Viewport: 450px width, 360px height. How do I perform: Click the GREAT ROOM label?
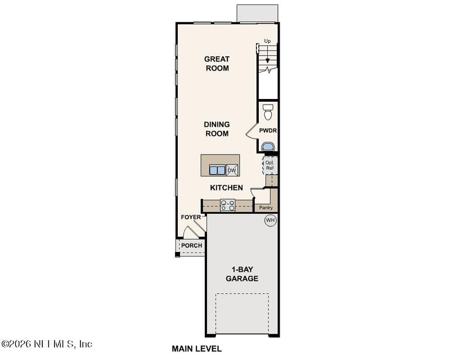point(217,64)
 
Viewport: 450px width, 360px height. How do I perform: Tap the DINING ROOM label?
point(217,129)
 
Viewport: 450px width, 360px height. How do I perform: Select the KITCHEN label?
point(226,188)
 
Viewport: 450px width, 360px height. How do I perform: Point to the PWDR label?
point(268,130)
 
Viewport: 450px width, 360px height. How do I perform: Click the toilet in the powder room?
point(268,111)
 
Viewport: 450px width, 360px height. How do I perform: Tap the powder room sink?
point(268,147)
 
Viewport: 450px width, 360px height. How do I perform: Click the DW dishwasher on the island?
point(232,170)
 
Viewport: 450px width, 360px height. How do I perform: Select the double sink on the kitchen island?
point(217,170)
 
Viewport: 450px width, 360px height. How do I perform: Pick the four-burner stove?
point(228,205)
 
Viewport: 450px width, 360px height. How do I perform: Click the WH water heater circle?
point(270,220)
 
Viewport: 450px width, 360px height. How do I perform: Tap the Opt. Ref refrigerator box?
point(269,165)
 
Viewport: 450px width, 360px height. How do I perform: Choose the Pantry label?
point(266,208)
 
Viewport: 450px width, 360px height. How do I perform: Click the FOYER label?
point(190,217)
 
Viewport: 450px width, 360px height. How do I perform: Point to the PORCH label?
point(191,246)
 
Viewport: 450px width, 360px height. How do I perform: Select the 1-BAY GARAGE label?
point(242,274)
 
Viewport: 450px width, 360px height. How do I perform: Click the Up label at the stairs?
point(268,42)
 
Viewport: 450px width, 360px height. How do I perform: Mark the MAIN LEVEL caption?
point(197,349)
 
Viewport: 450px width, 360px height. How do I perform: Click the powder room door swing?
point(251,133)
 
